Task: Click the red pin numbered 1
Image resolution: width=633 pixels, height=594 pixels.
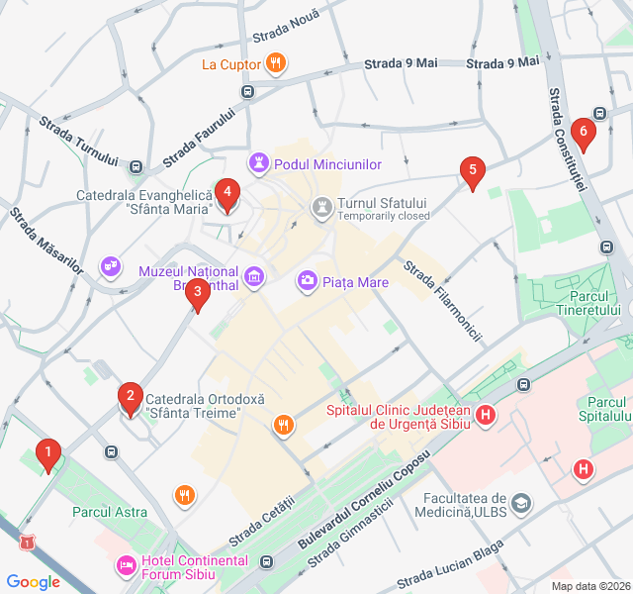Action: (x=46, y=454)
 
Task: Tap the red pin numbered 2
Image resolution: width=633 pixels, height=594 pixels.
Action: (x=129, y=398)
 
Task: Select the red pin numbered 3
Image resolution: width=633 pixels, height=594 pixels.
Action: (x=198, y=292)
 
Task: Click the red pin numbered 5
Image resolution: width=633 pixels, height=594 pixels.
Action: (x=473, y=171)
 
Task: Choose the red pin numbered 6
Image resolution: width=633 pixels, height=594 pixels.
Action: (x=584, y=131)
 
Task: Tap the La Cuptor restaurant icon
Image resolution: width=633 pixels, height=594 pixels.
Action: (x=277, y=64)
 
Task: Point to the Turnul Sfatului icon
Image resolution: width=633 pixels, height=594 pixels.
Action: (x=321, y=208)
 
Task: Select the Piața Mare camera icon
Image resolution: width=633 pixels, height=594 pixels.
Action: (x=309, y=282)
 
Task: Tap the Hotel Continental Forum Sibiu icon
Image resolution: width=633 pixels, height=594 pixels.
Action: (x=126, y=565)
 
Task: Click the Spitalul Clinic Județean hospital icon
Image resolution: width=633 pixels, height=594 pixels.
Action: (x=486, y=416)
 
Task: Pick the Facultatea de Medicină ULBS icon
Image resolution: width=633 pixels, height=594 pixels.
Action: (x=521, y=504)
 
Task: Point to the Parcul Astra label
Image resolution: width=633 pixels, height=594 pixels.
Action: (x=109, y=512)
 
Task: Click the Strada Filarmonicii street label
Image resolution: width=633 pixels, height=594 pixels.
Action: (x=442, y=300)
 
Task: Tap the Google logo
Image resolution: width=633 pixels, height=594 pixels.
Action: (x=34, y=582)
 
